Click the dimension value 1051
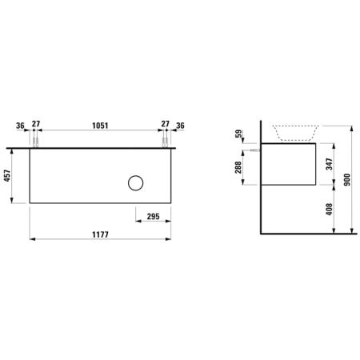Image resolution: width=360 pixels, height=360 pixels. [x=100, y=126]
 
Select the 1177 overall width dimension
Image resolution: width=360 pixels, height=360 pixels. [x=100, y=234]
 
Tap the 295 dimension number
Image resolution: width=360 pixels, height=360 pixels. [x=154, y=217]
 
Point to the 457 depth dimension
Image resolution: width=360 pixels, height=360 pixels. [x=7, y=176]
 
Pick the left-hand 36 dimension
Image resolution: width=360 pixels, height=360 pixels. [x=20, y=126]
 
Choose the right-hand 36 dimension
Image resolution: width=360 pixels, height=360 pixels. [x=180, y=126]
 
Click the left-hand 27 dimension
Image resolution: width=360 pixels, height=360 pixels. [x=36, y=124]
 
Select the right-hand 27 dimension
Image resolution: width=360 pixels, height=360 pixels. [x=166, y=124]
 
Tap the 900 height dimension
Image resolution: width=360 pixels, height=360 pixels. [x=347, y=180]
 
